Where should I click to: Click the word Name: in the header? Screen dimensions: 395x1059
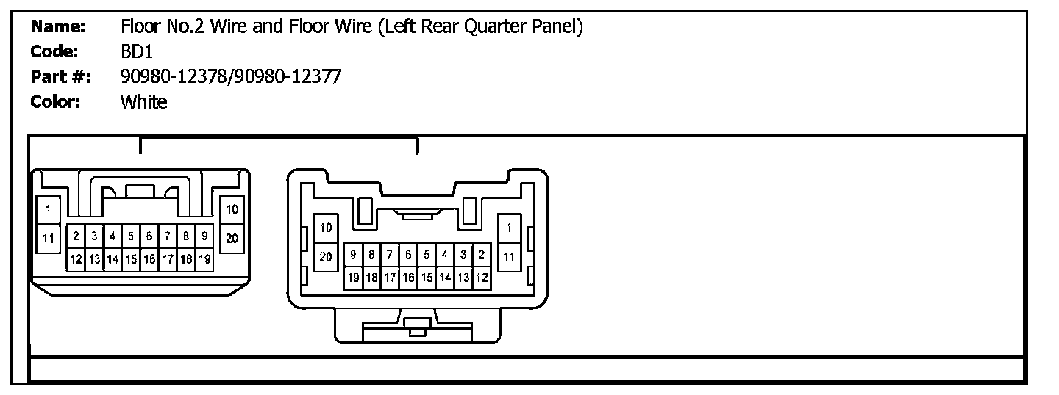(x=59, y=28)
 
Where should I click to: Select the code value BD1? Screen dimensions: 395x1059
(x=136, y=52)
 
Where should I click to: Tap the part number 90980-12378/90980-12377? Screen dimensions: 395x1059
(x=230, y=76)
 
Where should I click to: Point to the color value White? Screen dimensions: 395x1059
(x=143, y=102)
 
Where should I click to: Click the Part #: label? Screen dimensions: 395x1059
(x=60, y=76)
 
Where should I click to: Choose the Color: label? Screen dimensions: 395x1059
(x=55, y=102)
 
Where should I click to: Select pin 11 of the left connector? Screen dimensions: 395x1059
(x=49, y=238)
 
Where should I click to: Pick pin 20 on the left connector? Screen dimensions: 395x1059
(x=232, y=238)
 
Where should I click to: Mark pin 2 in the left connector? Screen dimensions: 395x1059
(x=76, y=236)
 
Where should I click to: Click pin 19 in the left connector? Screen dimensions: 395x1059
(x=204, y=259)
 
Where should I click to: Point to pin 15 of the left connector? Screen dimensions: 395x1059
(x=131, y=259)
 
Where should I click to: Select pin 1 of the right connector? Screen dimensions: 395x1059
(x=509, y=228)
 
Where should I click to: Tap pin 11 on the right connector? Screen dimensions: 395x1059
(x=509, y=257)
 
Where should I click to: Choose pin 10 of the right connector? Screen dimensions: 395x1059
(x=326, y=228)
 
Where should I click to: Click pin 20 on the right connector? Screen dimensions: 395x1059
(x=326, y=257)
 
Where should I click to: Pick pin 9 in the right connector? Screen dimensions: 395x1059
(x=354, y=255)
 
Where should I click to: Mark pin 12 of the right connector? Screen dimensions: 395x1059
(x=482, y=278)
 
